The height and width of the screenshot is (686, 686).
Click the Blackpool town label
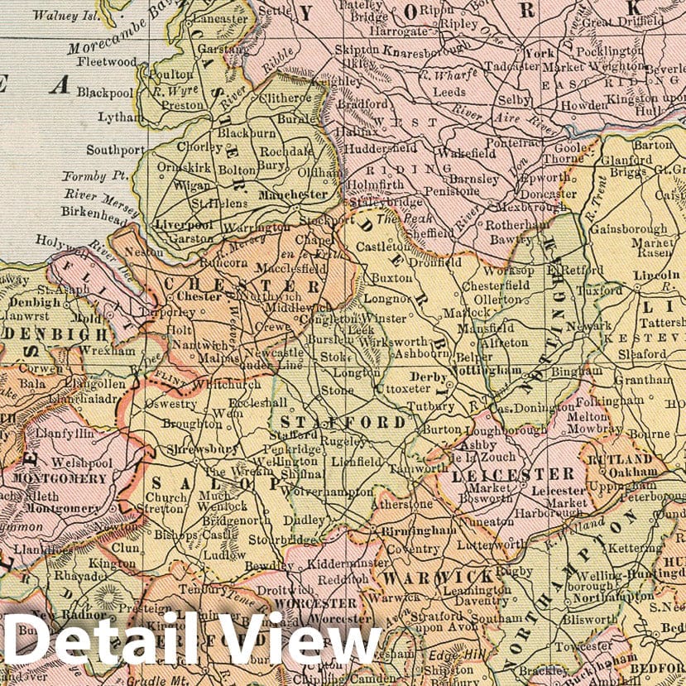point(104,92)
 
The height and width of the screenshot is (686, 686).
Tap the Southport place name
point(115,151)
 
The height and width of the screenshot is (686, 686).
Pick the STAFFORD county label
point(342,422)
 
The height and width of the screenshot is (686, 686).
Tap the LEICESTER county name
point(513,474)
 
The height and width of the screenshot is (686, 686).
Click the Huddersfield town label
point(381,147)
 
